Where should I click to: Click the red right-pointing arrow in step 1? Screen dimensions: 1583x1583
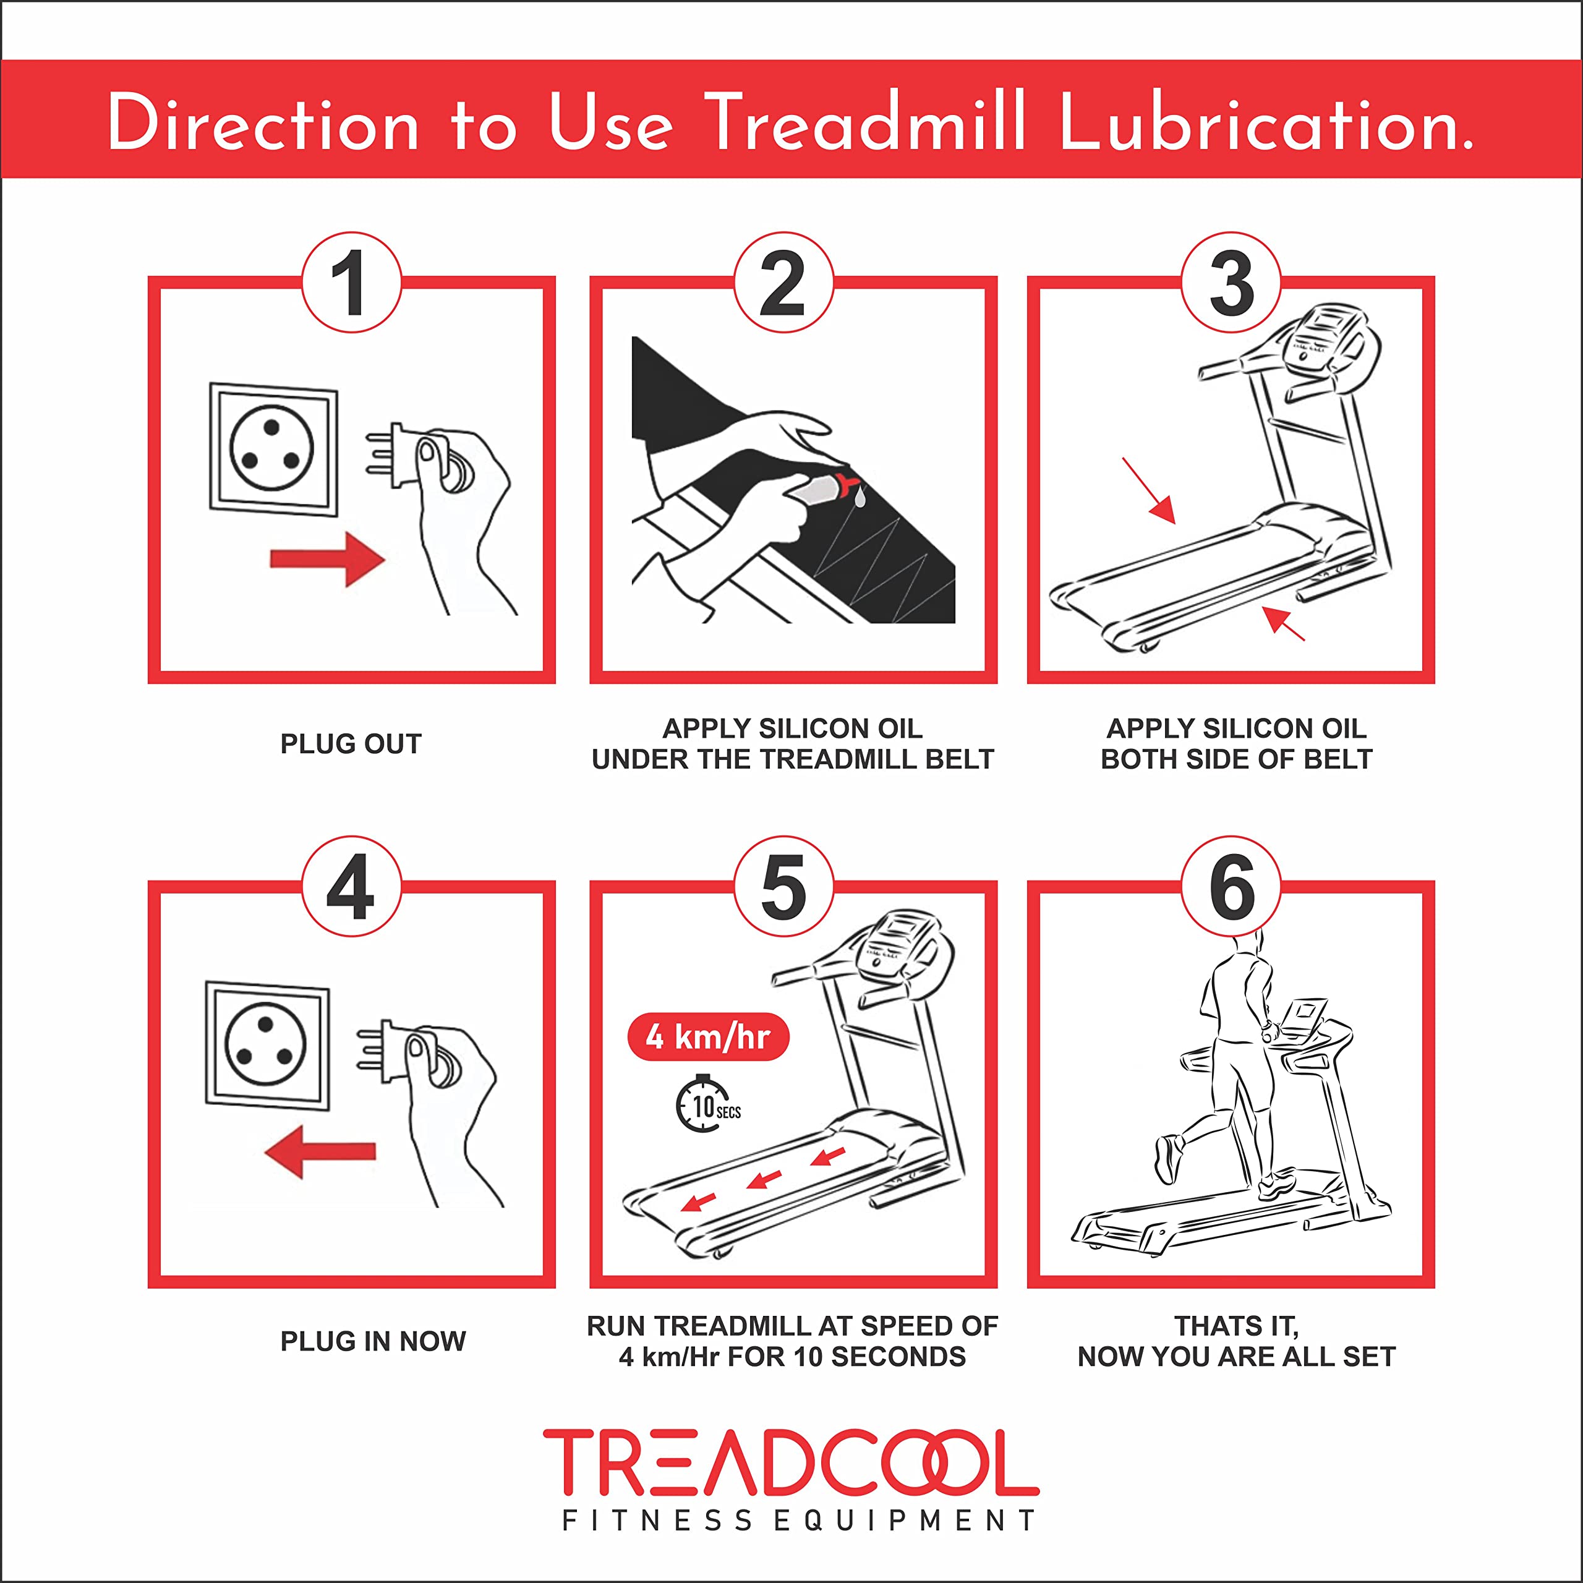pyautogui.click(x=327, y=560)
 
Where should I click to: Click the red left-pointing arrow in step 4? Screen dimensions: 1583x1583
pyautogui.click(x=320, y=1151)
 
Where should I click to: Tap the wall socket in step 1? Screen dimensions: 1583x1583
pyautogui.click(x=273, y=448)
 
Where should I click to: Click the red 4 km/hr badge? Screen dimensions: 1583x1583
pyautogui.click(x=708, y=1038)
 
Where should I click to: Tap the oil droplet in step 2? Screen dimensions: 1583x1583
pyautogui.click(x=859, y=497)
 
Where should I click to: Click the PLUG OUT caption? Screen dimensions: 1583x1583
pyautogui.click(x=351, y=743)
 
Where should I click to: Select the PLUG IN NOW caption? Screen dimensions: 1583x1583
pyautogui.click(x=373, y=1341)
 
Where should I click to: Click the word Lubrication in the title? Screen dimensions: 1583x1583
pyautogui.click(x=1266, y=123)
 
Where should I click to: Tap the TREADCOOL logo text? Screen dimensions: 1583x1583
pyautogui.click(x=791, y=1462)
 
